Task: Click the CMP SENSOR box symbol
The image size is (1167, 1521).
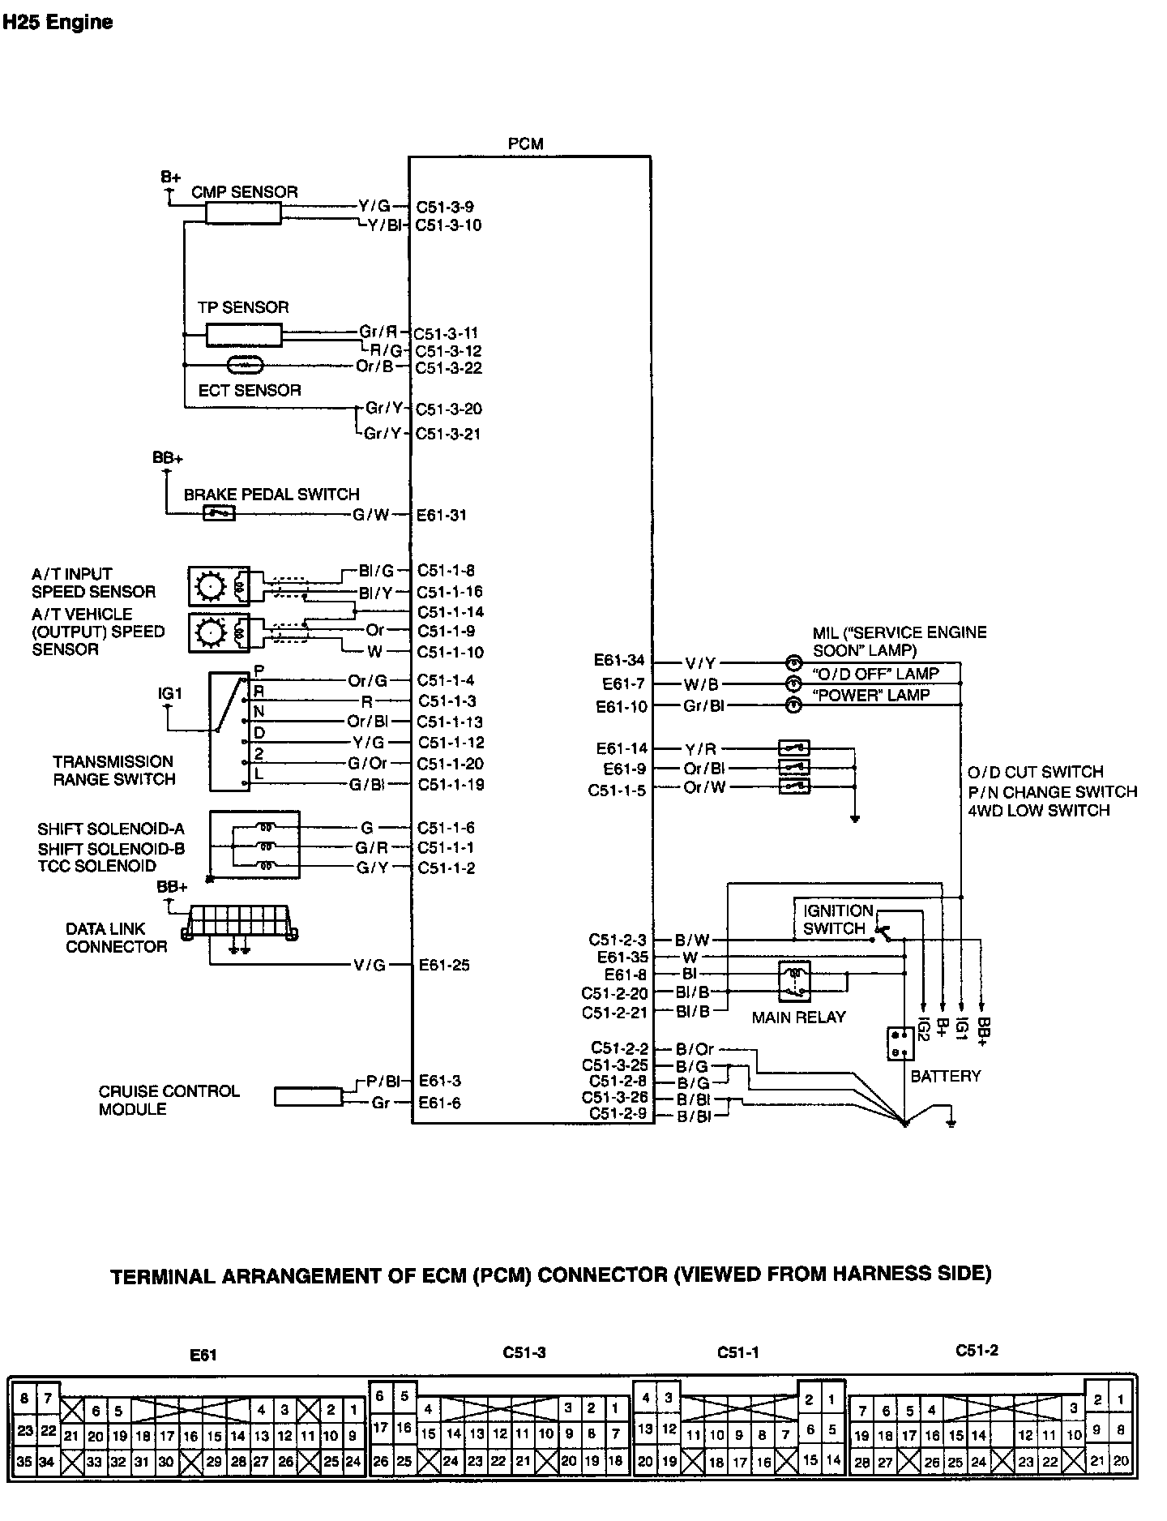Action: pos(243,212)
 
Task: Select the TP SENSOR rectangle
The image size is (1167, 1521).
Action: pos(244,334)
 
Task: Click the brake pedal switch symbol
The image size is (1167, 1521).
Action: pos(219,512)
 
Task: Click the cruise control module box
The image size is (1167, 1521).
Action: pos(308,1096)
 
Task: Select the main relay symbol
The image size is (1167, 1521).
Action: pos(796,982)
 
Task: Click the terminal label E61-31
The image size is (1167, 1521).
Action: pos(442,515)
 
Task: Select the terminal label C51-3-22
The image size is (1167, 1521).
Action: pos(449,368)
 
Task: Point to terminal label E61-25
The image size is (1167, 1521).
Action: pos(444,965)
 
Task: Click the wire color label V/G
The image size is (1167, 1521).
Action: pos(370,965)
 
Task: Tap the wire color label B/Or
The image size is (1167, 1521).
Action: pos(695,1049)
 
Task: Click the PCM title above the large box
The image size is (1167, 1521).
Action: pos(526,144)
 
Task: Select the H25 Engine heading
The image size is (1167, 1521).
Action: pos(57,22)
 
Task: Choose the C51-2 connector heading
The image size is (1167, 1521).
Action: pos(977,1350)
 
